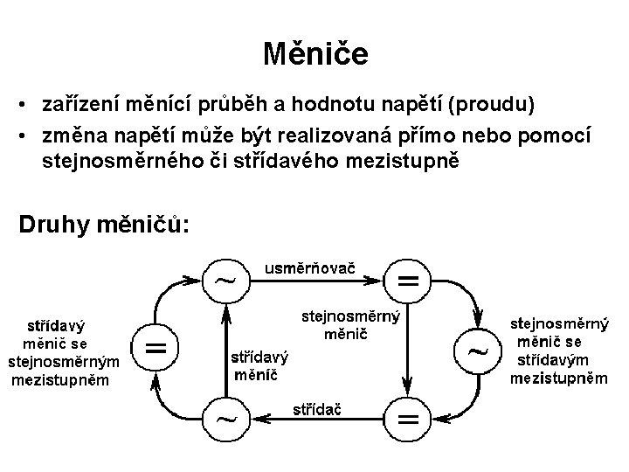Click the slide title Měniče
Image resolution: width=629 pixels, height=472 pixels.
click(x=315, y=55)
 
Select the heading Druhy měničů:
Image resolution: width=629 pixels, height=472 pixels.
click(x=103, y=224)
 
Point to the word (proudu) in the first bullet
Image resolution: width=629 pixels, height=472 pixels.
click(x=490, y=105)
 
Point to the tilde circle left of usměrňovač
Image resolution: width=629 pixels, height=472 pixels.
click(x=225, y=281)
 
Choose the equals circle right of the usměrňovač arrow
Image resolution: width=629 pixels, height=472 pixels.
click(x=407, y=281)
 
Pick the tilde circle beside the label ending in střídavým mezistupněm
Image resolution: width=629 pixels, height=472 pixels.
click(x=478, y=351)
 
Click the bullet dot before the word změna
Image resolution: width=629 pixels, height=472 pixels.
click(x=28, y=135)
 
